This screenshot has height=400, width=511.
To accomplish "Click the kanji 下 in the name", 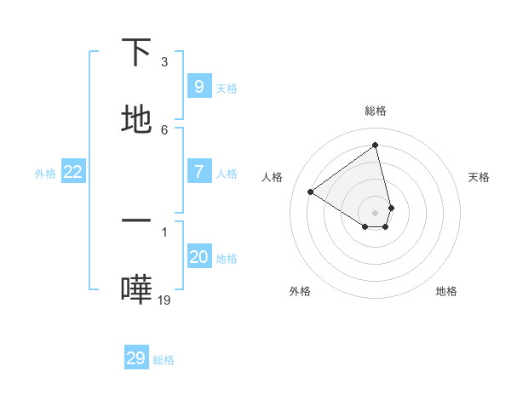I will point(137,52).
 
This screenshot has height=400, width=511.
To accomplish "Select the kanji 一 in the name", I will point(137,220).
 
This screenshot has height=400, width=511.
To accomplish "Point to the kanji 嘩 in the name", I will point(137,289).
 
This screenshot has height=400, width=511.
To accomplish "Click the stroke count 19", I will point(164,300).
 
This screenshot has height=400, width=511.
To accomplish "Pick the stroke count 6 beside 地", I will point(164,129).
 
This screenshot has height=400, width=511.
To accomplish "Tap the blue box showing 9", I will point(198,86).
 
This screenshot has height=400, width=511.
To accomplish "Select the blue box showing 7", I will point(198,172).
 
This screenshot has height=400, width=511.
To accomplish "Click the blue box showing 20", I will point(198,257).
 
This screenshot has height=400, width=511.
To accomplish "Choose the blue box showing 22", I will point(72,172).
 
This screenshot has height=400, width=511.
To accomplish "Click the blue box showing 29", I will point(135,358).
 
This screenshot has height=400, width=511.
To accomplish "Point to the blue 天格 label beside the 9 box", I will point(227,88).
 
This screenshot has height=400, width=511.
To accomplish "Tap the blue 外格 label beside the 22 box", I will point(45,174).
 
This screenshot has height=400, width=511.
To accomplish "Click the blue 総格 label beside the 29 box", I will point(164,360).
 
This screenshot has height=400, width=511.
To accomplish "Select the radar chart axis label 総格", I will point(376,111).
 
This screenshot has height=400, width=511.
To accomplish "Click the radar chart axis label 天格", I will point(479,177).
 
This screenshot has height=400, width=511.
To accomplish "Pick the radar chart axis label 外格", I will point(300,291).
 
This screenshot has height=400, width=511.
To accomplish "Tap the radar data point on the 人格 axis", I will point(310,191).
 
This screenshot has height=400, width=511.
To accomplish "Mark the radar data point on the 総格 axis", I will point(376,145).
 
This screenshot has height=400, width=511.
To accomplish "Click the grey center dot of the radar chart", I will point(376,212).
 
